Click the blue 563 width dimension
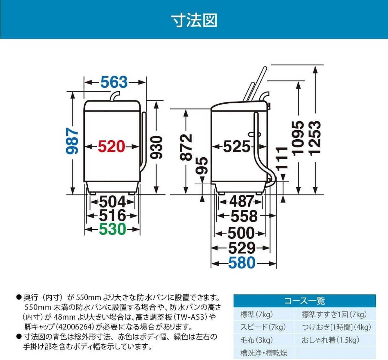coord(114,82)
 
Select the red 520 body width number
coord(111,147)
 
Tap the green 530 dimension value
coord(112,229)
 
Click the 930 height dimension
coord(157,147)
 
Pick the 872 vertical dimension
coord(186,147)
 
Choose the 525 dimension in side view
coord(237,147)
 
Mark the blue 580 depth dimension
coord(242,263)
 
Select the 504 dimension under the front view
coord(112,202)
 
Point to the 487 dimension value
coord(241,202)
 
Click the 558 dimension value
coord(244,216)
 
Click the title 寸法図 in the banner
coord(194,20)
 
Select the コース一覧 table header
coord(304,301)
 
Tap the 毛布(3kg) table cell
coord(256,340)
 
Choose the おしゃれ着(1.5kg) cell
coord(330,340)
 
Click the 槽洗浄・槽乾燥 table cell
coord(264,353)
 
